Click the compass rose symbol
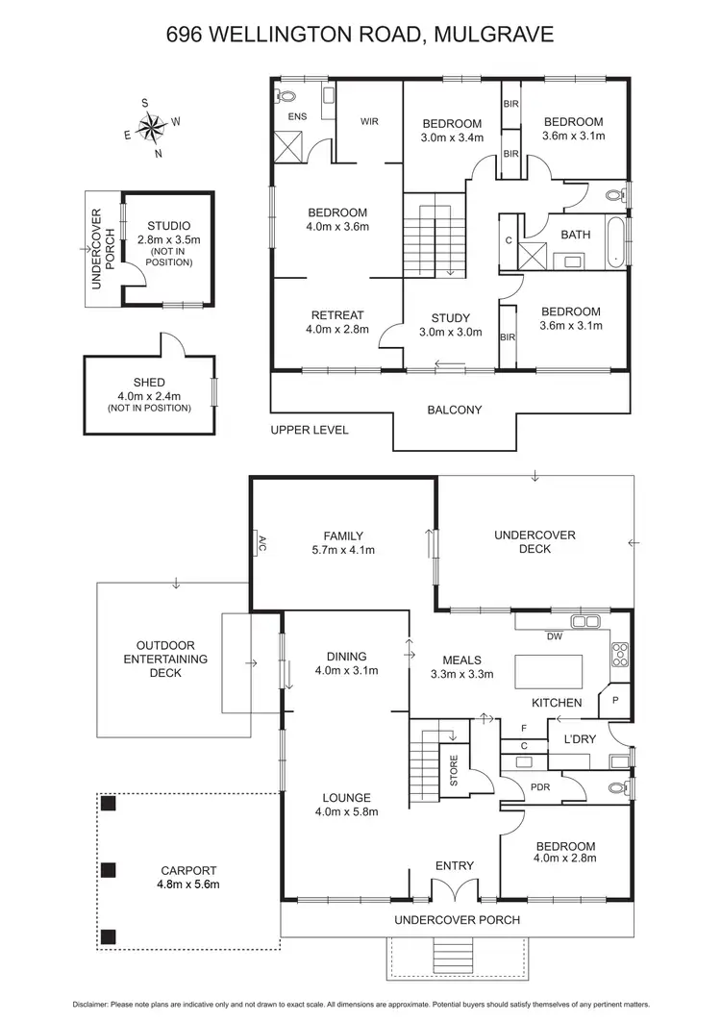tap(152, 126)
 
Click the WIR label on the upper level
tap(370, 122)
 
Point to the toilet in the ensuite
tap(287, 96)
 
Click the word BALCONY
tap(455, 410)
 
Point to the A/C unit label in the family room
tap(260, 543)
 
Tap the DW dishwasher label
tap(554, 636)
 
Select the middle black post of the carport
tap(109, 870)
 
